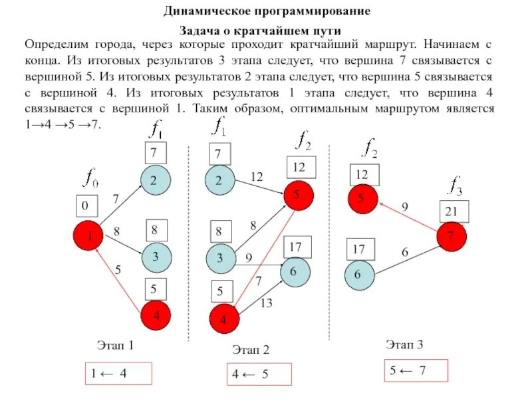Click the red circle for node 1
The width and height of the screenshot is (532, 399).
tap(88, 236)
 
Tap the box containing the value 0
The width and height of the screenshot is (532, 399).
tap(85, 207)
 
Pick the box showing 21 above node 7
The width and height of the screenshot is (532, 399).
tap(454, 211)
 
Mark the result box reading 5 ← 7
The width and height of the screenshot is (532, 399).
tap(416, 370)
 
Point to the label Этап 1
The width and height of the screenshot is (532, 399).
tap(116, 345)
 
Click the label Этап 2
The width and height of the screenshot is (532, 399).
tap(251, 350)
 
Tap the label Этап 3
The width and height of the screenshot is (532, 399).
tap(405, 344)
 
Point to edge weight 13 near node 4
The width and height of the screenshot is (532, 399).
tap(267, 303)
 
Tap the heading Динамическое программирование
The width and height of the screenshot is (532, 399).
tap(267, 12)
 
